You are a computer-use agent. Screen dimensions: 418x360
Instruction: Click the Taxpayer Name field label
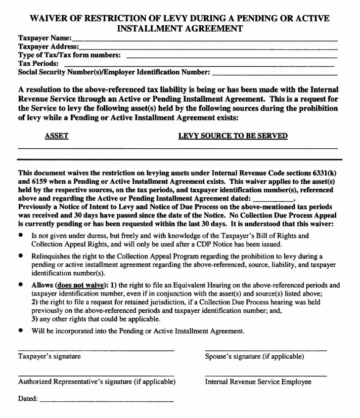pos(45,38)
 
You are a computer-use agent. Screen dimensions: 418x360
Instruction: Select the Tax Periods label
pos(38,64)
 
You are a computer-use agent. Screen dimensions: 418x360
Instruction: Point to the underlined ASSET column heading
pos(56,136)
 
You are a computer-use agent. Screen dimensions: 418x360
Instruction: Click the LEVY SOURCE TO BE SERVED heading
pos(232,136)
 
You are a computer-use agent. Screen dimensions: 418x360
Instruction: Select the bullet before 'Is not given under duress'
pos(21,236)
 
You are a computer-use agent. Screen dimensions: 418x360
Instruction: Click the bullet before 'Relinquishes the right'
pos(21,256)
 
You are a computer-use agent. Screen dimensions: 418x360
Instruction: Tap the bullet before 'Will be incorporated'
pos(21,331)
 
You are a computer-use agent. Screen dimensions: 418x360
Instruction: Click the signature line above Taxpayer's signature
pos(96,350)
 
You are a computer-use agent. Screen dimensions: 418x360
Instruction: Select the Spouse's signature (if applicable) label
pos(254,356)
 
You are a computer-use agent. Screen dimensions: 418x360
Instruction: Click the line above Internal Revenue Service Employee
pos(266,376)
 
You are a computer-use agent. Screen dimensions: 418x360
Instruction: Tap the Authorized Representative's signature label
pos(96,382)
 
